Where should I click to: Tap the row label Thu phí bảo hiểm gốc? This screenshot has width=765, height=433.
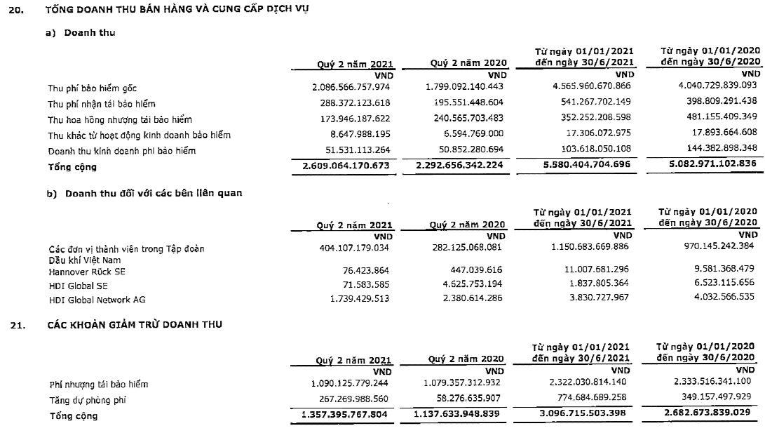click(x=92, y=88)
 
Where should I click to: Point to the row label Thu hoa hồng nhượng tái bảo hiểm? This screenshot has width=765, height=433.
click(x=119, y=119)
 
